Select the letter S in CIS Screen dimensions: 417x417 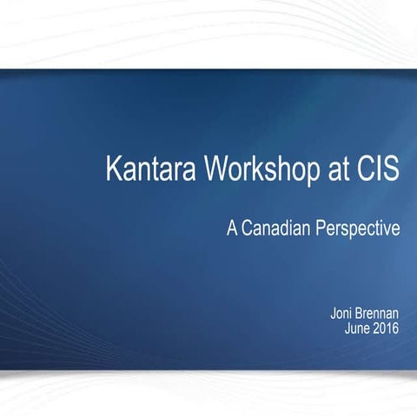coord(391,169)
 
